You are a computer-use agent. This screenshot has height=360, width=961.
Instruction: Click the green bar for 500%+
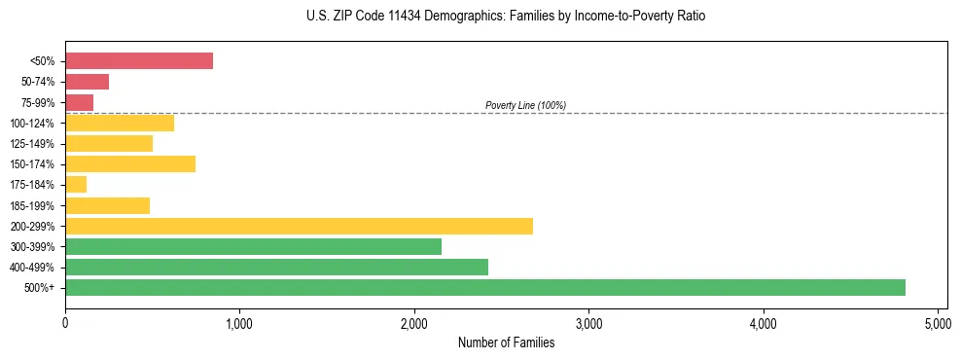pyautogui.click(x=485, y=287)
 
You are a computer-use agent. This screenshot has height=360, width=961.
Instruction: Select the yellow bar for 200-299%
pyautogui.click(x=299, y=226)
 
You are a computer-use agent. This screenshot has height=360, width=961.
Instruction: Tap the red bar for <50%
pyautogui.click(x=139, y=60)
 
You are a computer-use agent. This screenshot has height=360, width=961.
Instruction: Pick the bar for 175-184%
pyautogui.click(x=76, y=184)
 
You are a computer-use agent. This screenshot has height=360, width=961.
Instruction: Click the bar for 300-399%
pyautogui.click(x=253, y=246)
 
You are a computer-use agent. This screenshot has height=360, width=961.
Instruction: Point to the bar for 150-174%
pyautogui.click(x=130, y=163)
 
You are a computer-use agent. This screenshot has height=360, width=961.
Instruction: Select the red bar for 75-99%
pyautogui.click(x=79, y=102)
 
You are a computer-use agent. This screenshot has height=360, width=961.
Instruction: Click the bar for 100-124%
pyautogui.click(x=120, y=123)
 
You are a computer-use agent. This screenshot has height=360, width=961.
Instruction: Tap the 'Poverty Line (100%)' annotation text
pyautogui.click(x=525, y=105)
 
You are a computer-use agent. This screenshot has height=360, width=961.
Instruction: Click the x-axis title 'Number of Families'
pyautogui.click(x=506, y=342)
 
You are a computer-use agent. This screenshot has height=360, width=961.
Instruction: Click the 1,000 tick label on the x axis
pyautogui.click(x=239, y=322)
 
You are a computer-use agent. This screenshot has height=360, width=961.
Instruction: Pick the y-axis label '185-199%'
pyautogui.click(x=36, y=205)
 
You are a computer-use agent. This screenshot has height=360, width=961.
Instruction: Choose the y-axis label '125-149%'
pyautogui.click(x=36, y=143)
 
